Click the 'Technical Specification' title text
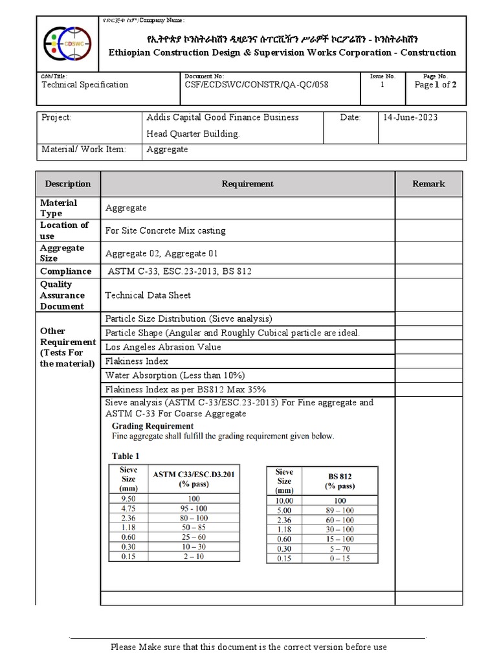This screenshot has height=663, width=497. [x=85, y=85]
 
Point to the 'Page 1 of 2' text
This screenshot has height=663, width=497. [x=436, y=85]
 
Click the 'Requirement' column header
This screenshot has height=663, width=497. [x=247, y=184]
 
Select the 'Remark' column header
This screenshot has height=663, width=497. [x=428, y=184]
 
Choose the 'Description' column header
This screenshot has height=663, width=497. [x=68, y=184]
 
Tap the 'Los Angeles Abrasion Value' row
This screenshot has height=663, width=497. [x=163, y=347]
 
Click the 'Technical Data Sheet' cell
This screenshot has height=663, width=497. [x=148, y=295]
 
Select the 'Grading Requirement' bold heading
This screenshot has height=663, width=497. [x=153, y=426]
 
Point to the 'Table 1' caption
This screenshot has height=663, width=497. [x=126, y=456]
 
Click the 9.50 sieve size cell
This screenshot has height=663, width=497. [x=128, y=499]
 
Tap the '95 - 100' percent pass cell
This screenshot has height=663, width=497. [x=193, y=509]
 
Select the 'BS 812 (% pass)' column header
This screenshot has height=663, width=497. [x=340, y=481]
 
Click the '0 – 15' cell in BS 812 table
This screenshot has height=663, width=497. [x=340, y=558]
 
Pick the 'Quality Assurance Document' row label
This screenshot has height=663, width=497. [x=63, y=295]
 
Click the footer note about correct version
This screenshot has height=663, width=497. [x=248, y=647]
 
